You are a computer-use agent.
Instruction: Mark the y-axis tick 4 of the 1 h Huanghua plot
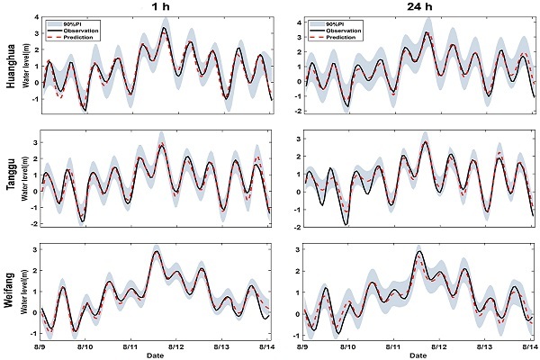[34, 18]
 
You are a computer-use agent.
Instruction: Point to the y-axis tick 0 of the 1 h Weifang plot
[34, 312]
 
